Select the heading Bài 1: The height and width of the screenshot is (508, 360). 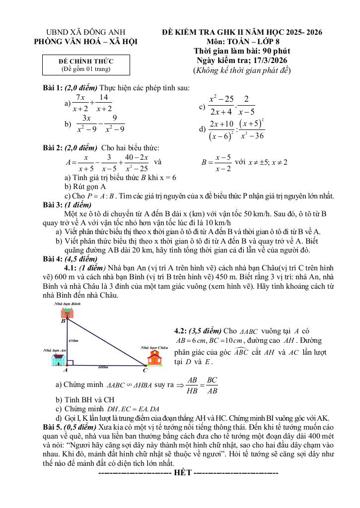click(53, 88)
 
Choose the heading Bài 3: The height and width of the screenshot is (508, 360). click(53, 204)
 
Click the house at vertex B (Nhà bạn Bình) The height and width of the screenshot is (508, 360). click(66, 312)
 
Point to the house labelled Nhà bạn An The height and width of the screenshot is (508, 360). click(59, 360)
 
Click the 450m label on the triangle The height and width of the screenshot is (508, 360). click(73, 341)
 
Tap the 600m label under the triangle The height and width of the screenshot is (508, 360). click(103, 368)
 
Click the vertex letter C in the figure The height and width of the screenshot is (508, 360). click(144, 370)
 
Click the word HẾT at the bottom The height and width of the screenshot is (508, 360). click(181, 472)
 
